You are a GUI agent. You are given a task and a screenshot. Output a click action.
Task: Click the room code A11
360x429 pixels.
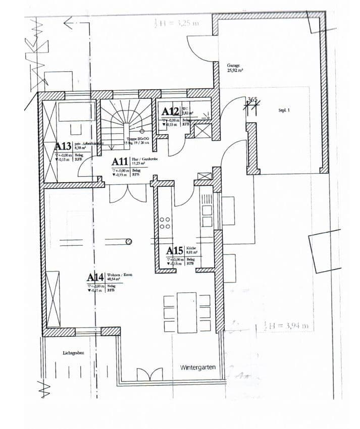coord(120,162)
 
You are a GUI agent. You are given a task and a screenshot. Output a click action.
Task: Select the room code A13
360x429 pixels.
coord(64,147)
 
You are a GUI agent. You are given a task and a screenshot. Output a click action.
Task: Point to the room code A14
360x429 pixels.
coord(95,277)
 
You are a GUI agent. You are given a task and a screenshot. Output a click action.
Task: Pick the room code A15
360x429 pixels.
coord(175,250)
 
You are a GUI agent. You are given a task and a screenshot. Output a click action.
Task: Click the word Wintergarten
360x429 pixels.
coord(197,367)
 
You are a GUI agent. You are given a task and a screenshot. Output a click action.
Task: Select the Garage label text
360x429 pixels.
coord(233,66)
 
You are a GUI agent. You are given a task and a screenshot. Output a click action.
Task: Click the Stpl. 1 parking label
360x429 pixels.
coord(283,109)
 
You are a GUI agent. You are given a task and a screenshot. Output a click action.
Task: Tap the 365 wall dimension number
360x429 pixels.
coord(252,100)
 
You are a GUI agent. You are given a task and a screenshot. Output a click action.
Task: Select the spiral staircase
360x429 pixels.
coord(125,124)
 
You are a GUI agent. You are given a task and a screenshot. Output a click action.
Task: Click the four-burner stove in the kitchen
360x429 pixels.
coord(165,223)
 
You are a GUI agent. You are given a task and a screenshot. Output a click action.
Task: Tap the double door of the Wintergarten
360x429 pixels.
coord(150,374)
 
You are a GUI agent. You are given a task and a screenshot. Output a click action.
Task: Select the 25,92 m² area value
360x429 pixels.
coord(235,71)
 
